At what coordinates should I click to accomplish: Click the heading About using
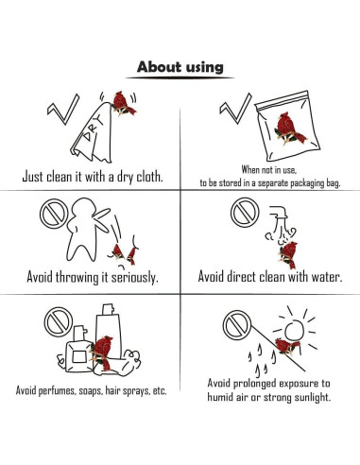180,67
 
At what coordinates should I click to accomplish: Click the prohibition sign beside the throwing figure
54,214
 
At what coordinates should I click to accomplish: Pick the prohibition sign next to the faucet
245,212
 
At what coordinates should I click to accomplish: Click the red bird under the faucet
288,254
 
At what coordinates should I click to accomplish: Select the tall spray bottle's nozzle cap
108,309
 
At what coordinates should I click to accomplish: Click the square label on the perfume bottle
78,356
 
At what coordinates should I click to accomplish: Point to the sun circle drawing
294,330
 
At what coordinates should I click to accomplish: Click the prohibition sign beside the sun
237,325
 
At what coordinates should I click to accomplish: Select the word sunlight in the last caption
313,397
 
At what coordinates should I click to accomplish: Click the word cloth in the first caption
149,177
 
